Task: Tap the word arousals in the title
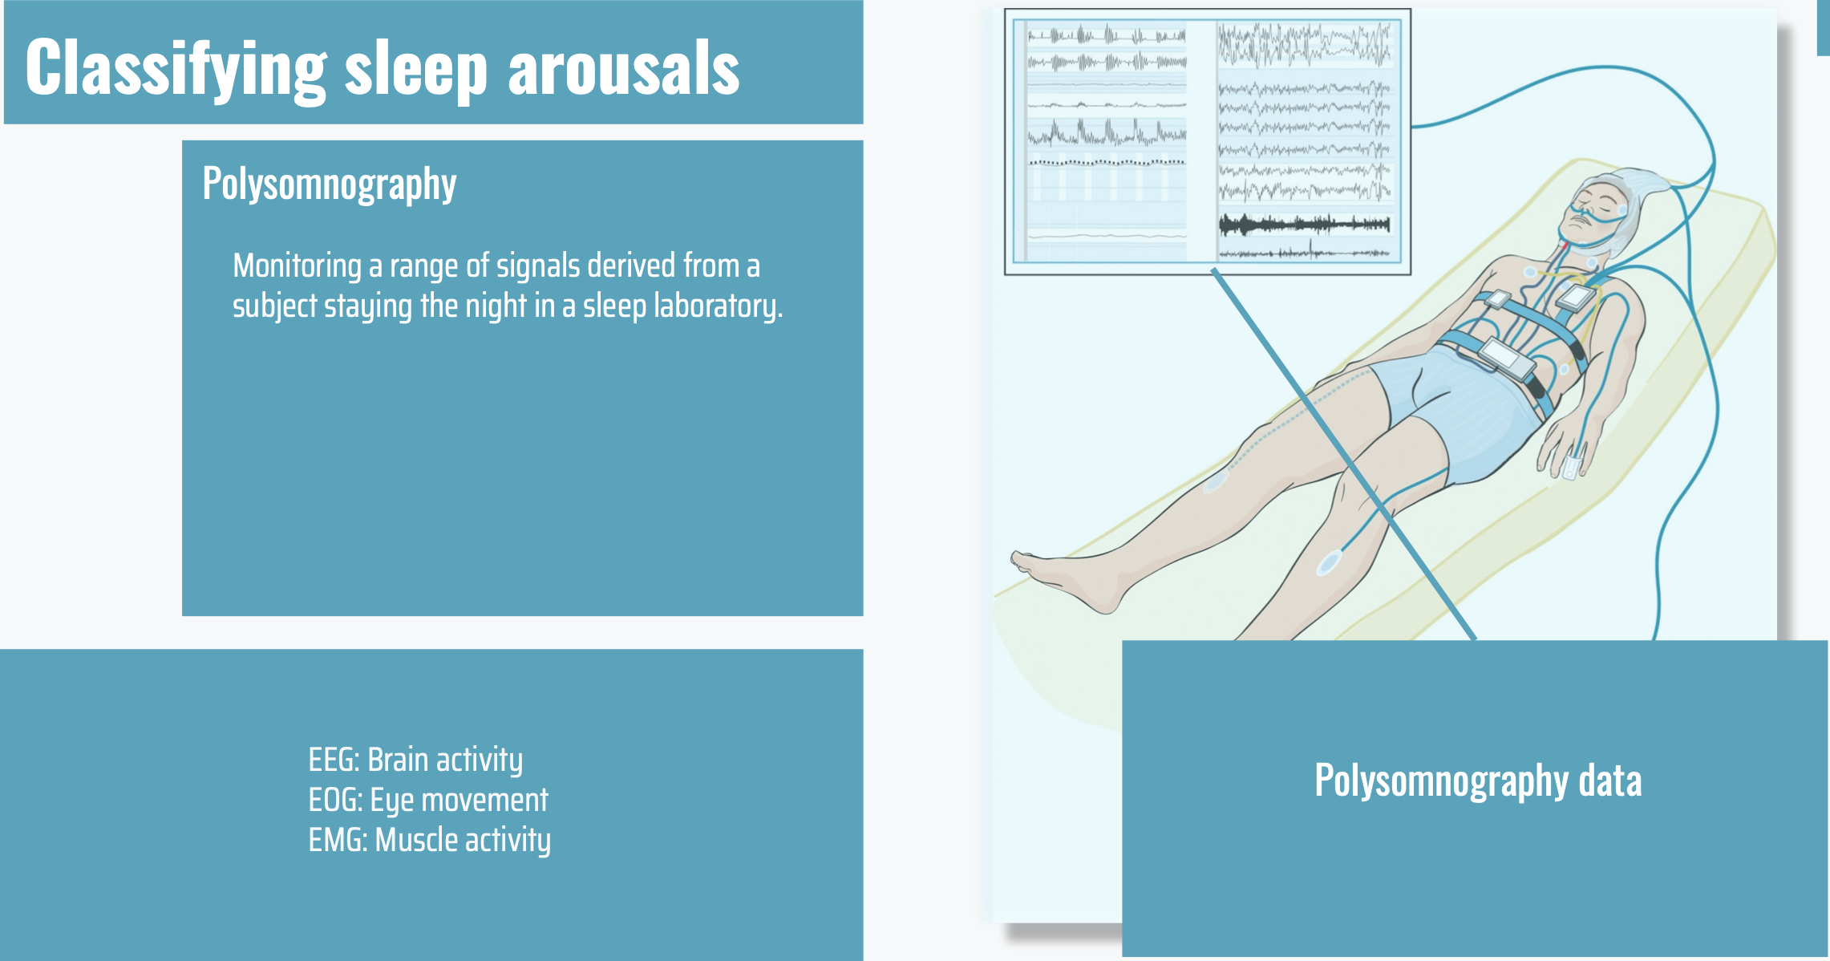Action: pyautogui.click(x=624, y=67)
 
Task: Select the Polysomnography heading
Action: pyautogui.click(x=330, y=184)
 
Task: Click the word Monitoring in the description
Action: pyautogui.click(x=298, y=266)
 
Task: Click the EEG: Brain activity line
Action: pyautogui.click(x=415, y=760)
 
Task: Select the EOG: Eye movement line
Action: pyautogui.click(x=428, y=800)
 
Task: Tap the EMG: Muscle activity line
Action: pyautogui.click(x=430, y=840)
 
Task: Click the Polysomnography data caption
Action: pyautogui.click(x=1478, y=781)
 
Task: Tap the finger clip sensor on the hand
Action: pyautogui.click(x=1573, y=466)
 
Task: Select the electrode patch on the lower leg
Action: pyautogui.click(x=1328, y=563)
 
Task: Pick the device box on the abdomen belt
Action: pyautogui.click(x=1506, y=358)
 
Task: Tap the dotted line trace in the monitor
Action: pyautogui.click(x=1107, y=162)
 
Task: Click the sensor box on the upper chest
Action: pyautogui.click(x=1576, y=298)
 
